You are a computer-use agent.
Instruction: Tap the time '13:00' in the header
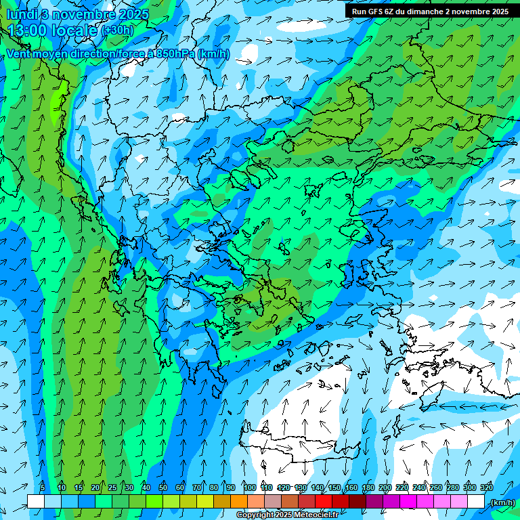click(x=29, y=30)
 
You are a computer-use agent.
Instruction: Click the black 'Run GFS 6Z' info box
click(x=430, y=11)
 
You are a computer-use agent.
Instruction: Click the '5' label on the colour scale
click(x=43, y=487)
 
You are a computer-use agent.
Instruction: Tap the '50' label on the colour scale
click(x=163, y=487)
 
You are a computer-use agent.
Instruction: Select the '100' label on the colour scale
click(x=250, y=487)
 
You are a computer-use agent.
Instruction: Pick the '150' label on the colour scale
click(x=334, y=487)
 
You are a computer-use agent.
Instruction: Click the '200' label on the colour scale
click(x=385, y=487)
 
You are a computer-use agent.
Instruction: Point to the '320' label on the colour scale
click(x=486, y=487)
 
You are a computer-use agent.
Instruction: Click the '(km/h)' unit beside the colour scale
click(x=502, y=502)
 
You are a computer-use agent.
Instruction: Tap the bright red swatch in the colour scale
click(x=324, y=502)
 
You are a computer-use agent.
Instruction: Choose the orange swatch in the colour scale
click(x=239, y=502)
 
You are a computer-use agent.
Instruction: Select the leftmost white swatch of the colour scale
click(x=36, y=502)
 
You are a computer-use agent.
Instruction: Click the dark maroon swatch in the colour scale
click(x=357, y=502)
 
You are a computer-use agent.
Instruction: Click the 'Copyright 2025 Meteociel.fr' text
click(x=287, y=515)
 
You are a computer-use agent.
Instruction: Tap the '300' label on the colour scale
click(x=469, y=487)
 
